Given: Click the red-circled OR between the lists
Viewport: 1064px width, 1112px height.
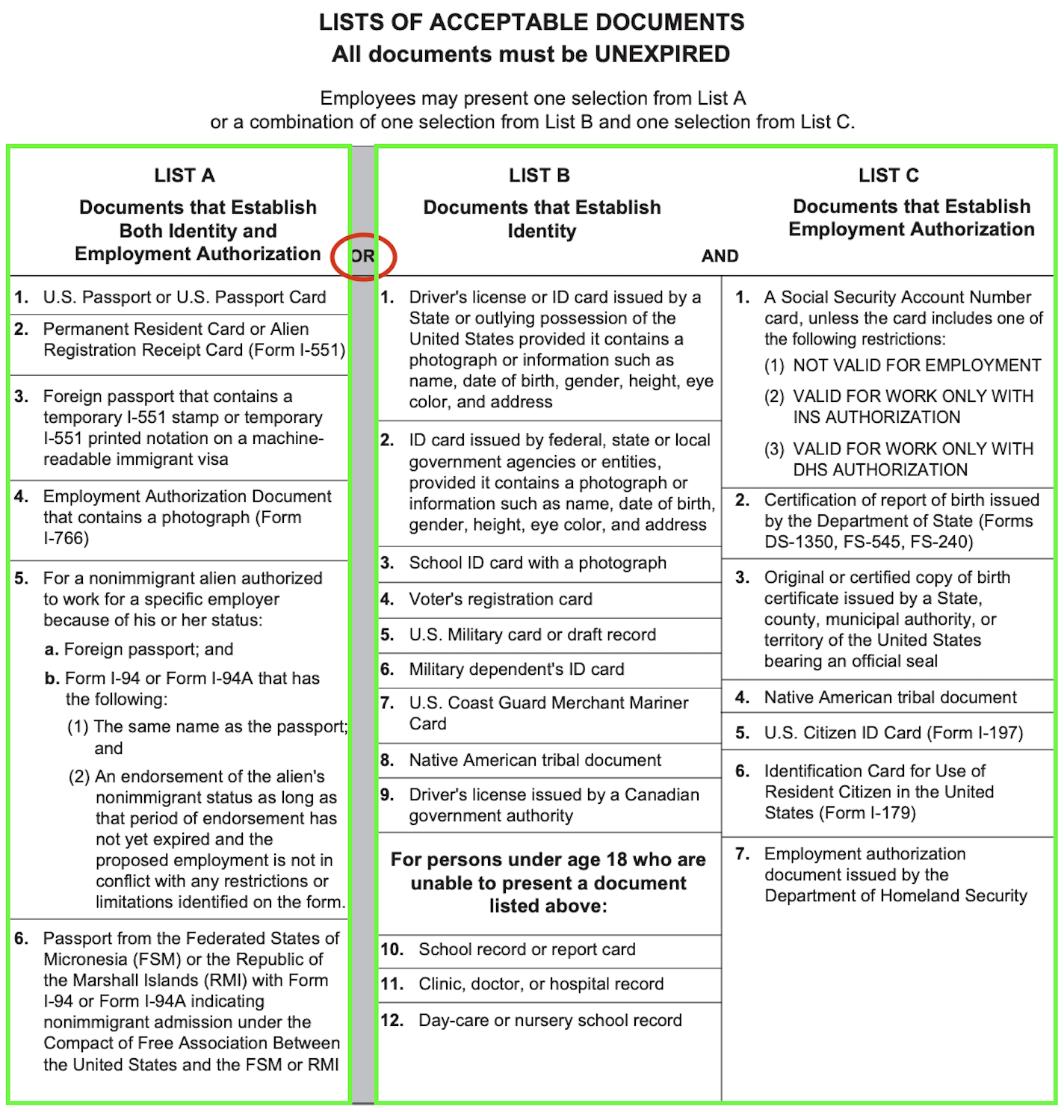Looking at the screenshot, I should tap(362, 256).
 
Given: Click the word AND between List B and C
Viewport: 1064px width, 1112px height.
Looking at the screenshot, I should tap(719, 256).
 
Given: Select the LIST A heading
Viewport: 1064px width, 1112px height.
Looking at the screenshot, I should tap(185, 176).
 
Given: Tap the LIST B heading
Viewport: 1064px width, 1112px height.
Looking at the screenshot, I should tap(539, 176).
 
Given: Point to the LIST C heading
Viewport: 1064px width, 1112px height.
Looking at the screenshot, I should tap(888, 176).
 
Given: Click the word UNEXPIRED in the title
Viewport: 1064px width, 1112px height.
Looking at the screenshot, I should tap(662, 55).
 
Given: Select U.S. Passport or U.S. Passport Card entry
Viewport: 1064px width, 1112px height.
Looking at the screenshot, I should tap(184, 297).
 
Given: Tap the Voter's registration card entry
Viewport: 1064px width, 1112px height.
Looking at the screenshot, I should tap(500, 599).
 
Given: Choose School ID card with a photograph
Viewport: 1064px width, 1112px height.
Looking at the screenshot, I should tap(537, 563).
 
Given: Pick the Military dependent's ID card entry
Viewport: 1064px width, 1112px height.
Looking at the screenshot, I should tap(516, 669).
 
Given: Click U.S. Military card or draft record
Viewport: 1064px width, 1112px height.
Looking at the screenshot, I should tap(532, 634).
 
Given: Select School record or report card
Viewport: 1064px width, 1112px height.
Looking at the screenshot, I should tap(527, 949).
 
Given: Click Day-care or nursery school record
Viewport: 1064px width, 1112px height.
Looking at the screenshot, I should tap(550, 1020).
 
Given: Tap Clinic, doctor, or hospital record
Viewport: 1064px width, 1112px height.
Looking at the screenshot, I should tap(540, 984).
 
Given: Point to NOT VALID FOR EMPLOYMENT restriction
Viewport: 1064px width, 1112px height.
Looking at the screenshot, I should tap(916, 365).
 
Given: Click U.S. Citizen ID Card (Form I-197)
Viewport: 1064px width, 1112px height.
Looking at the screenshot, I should tap(893, 733).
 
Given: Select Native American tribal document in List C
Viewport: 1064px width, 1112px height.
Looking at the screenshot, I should tap(890, 697).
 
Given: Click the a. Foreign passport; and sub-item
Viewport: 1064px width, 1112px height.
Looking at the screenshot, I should tap(139, 649).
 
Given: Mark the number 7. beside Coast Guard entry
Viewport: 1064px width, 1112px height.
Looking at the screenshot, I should tap(387, 703).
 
